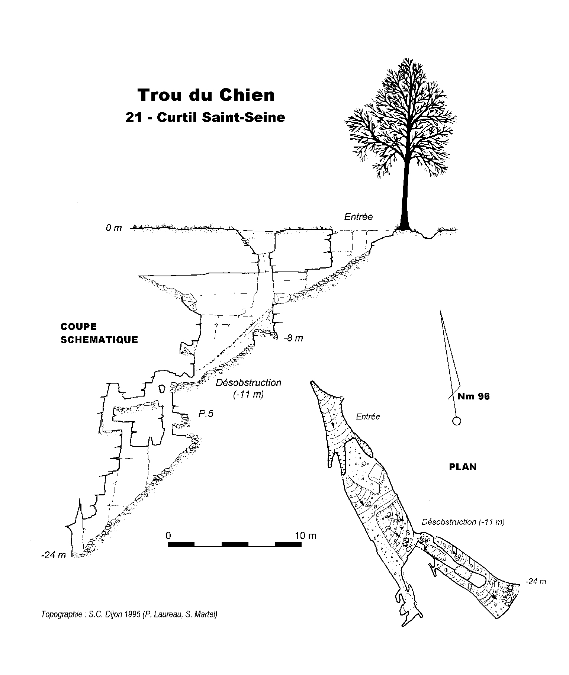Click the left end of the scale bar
(x=168, y=544)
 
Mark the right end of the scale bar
(x=301, y=544)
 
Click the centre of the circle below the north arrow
(x=456, y=421)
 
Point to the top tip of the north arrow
(x=440, y=309)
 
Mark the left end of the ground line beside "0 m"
(x=130, y=228)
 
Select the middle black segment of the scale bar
(x=235, y=544)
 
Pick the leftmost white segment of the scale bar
(x=208, y=544)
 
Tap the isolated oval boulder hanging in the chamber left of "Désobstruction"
(x=162, y=389)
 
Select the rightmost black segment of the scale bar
(x=288, y=544)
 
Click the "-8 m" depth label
(x=293, y=338)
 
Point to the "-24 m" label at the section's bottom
(x=54, y=555)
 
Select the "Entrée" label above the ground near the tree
(x=358, y=216)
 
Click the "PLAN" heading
(x=463, y=467)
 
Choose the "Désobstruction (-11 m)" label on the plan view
(x=463, y=522)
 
